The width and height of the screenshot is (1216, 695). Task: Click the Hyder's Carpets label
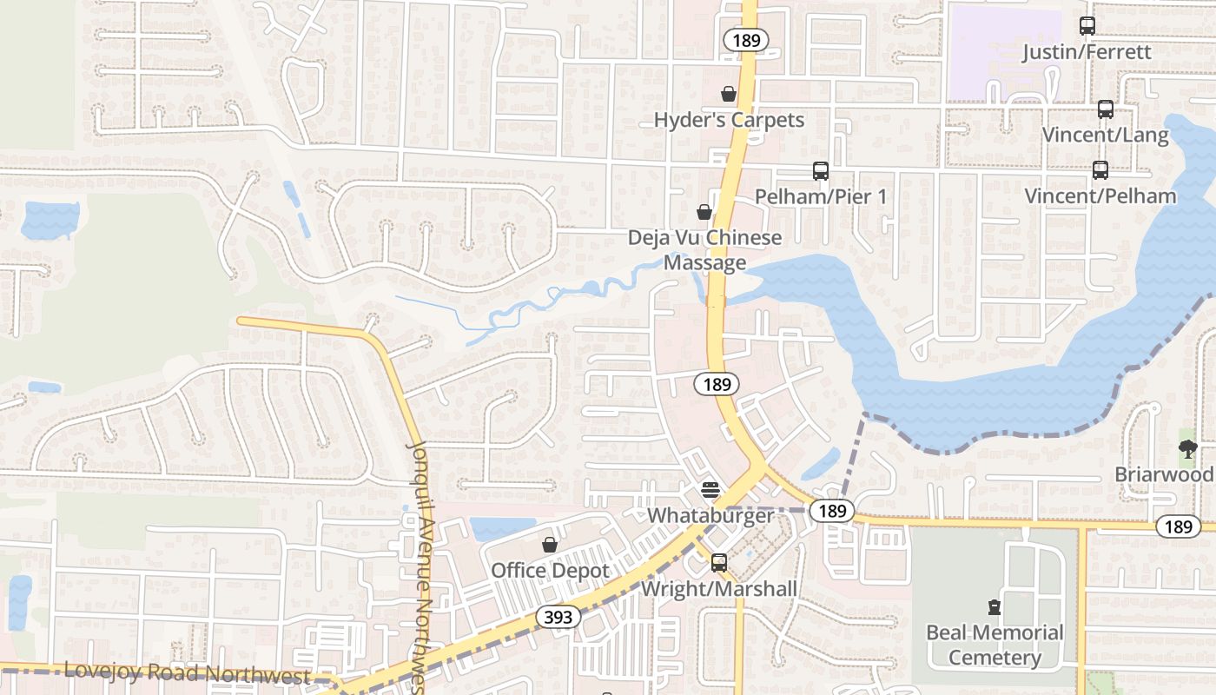729,120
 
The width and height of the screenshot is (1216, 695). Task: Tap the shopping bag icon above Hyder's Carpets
729,94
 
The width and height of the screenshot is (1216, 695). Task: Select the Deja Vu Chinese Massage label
704,250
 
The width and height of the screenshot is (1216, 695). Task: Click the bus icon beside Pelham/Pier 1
821,171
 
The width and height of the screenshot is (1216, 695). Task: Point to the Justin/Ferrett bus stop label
1087,52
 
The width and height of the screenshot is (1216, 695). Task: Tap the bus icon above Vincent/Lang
1106,109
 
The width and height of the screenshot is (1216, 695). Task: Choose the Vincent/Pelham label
1100,195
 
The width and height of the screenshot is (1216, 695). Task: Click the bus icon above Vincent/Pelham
1100,170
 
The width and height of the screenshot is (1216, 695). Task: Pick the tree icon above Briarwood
1188,449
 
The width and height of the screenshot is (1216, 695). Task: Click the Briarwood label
1164,475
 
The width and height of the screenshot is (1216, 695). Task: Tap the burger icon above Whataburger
710,490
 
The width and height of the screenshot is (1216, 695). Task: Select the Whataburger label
710,515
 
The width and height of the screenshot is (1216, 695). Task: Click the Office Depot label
550,571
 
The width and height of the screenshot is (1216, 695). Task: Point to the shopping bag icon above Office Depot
550,546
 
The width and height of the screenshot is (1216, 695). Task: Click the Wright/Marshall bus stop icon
719,563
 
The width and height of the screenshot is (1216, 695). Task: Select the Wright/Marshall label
719,589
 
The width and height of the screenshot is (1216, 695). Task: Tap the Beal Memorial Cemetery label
995,645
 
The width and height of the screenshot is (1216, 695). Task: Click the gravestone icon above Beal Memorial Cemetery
995,607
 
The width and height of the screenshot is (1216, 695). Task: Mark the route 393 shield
558,617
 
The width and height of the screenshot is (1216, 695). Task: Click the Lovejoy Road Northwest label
187,673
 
